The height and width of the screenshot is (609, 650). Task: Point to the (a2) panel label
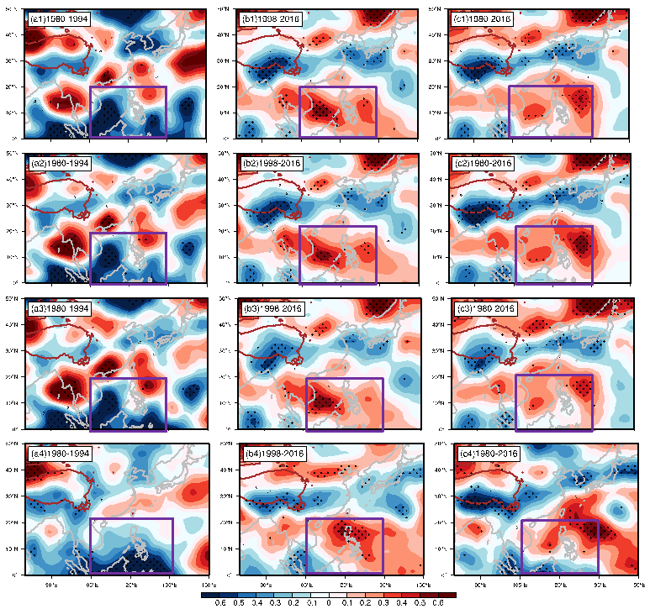[59, 163]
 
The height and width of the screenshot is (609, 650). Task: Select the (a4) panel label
[59, 454]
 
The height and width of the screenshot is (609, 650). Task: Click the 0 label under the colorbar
[329, 602]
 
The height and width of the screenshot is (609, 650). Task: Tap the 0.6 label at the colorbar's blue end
[220, 602]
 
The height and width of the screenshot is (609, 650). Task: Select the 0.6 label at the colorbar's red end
[437, 602]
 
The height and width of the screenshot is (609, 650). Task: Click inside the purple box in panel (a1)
[128, 112]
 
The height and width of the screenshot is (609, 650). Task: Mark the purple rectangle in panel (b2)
[338, 255]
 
